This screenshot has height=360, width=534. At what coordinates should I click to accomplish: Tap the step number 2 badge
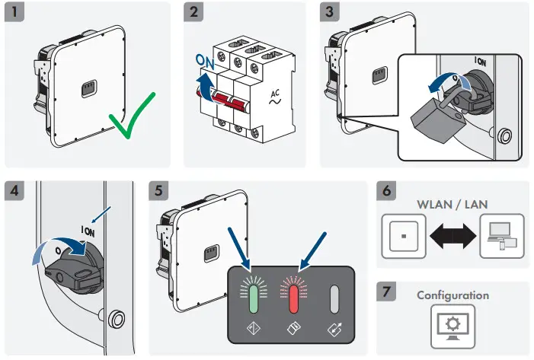click(x=195, y=13)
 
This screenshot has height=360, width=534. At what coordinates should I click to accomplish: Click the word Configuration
click(x=452, y=295)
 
